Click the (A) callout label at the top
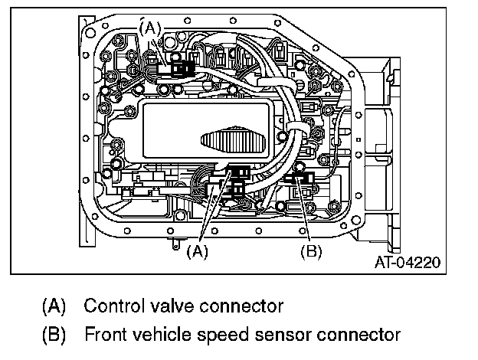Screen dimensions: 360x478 (x=151, y=27)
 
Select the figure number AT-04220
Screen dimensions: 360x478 (x=408, y=263)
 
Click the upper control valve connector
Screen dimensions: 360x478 (x=181, y=68)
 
